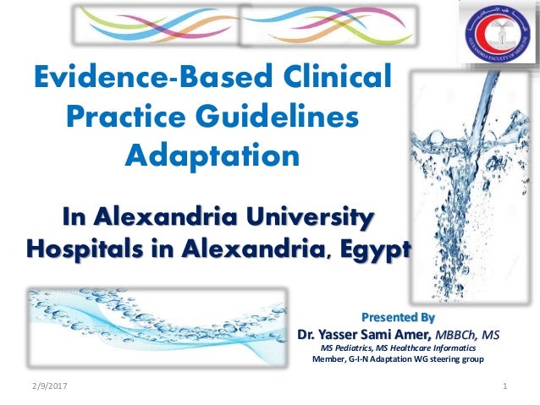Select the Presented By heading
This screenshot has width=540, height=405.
click(398, 318)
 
